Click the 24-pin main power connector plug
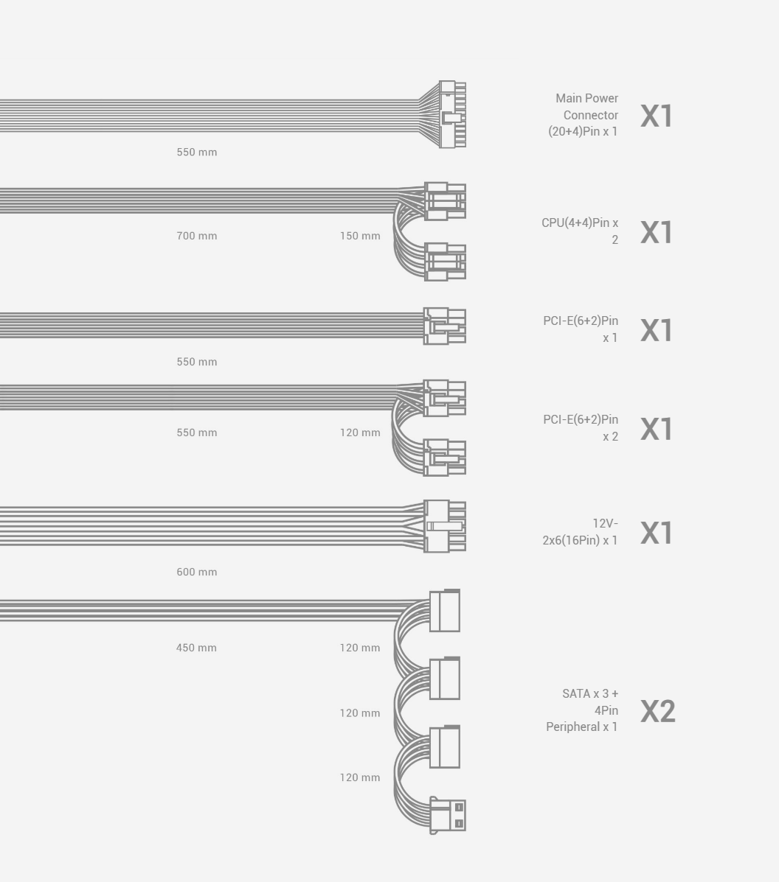[452, 114]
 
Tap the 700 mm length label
[196, 236]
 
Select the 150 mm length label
[360, 236]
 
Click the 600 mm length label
[196, 572]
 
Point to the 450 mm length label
[196, 648]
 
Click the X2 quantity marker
[657, 711]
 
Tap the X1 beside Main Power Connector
[657, 116]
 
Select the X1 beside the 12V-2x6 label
[657, 532]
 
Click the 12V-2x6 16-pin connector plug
[445, 526]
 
